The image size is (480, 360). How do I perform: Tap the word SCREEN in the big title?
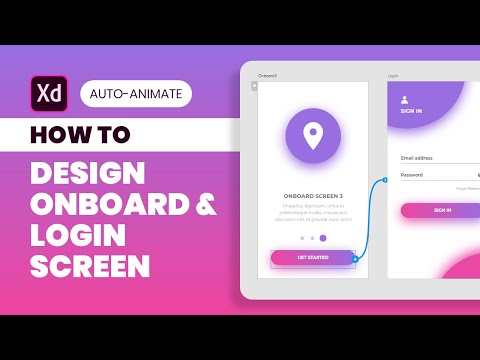pos(90,267)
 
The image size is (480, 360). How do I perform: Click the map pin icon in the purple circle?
pos(313,134)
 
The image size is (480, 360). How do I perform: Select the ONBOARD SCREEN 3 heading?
pos(313,196)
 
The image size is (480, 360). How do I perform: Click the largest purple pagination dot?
pos(323,238)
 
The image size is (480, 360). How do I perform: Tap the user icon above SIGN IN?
pos(404,99)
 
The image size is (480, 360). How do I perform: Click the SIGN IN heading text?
pos(411,112)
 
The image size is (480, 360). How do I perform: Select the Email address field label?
pos(417,158)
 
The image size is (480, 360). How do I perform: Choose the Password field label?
pos(412,175)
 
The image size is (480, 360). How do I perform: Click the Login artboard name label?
pos(393,75)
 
